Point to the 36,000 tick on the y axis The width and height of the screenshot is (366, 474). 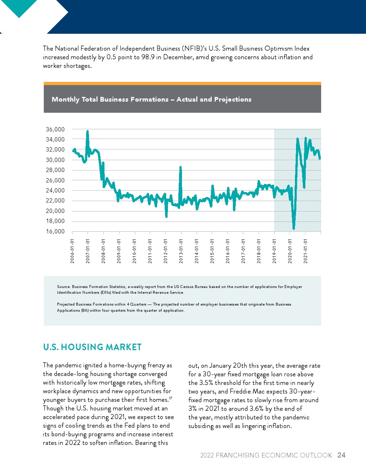(55, 129)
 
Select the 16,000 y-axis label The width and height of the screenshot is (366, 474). (55, 231)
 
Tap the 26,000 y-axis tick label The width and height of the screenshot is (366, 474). (55, 180)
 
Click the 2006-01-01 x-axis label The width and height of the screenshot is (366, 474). (72, 251)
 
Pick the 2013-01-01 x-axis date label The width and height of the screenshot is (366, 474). (181, 251)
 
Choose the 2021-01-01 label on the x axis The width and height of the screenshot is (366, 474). (305, 251)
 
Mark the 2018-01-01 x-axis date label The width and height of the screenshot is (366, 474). (259, 251)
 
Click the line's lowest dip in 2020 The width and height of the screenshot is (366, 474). (294, 228)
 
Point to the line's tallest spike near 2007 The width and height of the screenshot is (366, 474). (88, 131)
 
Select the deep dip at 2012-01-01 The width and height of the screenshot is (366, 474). (166, 217)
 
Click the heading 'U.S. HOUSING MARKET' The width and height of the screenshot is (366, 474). (92, 347)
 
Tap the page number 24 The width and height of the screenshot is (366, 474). (341, 455)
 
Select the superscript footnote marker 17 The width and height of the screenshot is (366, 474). (171, 398)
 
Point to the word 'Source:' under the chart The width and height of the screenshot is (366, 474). (64, 287)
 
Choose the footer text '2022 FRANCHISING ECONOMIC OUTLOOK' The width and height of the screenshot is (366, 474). (266, 455)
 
